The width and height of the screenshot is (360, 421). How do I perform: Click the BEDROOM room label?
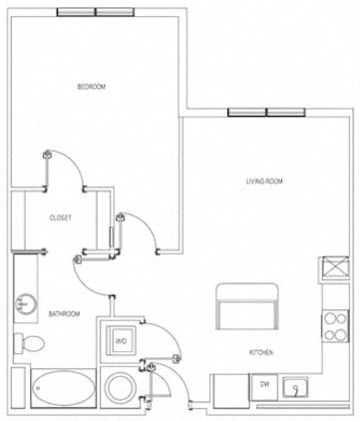coord(91,88)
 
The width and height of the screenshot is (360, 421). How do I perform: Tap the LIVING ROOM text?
coord(265,181)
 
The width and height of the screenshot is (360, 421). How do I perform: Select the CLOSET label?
coord(61,217)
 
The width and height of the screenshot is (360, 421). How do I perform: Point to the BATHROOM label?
coord(65,315)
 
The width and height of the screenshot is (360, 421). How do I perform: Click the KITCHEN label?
coord(262,353)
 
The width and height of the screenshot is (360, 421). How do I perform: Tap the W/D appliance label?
coord(121,340)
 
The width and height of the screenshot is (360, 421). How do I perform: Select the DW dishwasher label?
coord(265,384)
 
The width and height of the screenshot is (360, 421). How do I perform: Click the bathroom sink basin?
coord(24,304)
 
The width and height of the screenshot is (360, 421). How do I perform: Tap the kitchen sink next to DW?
coord(295,386)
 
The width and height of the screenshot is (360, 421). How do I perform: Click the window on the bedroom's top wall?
coord(98,14)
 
